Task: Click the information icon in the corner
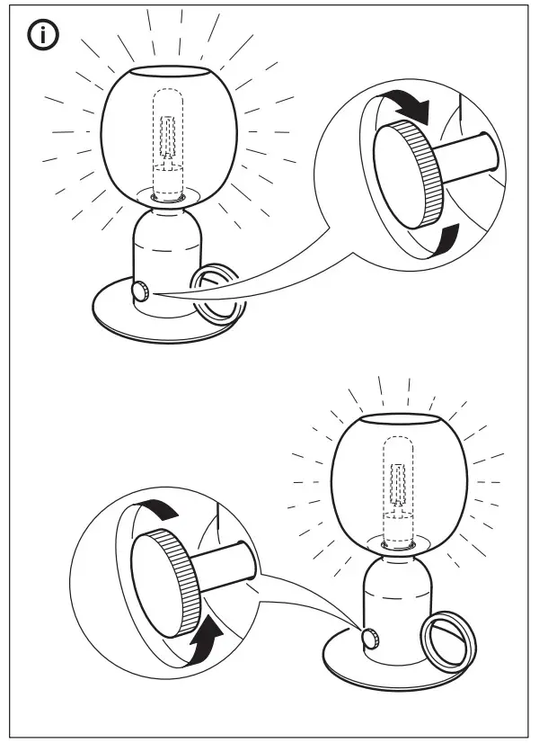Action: click(41, 36)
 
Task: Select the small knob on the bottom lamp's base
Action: click(369, 637)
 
